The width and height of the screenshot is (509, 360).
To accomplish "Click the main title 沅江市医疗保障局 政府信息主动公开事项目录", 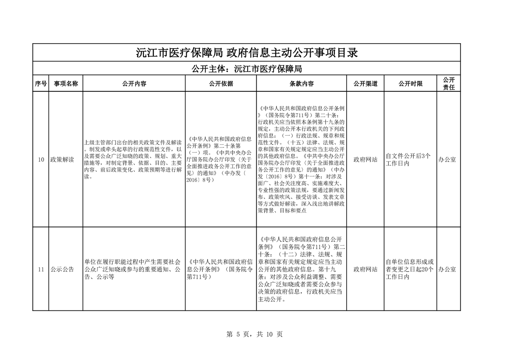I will (x=247, y=53).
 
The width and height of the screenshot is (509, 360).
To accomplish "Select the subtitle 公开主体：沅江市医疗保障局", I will (x=247, y=69).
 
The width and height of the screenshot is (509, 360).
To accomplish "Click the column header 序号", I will (x=40, y=84).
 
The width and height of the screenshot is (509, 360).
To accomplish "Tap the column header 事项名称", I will (x=66, y=84).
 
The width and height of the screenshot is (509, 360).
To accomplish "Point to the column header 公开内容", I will (x=134, y=84).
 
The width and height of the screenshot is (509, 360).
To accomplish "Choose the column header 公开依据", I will (x=221, y=84).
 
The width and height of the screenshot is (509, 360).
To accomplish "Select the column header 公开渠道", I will (x=365, y=84).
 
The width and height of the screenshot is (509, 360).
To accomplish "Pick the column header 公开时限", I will (x=410, y=84).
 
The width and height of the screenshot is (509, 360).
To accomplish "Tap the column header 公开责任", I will (x=449, y=84).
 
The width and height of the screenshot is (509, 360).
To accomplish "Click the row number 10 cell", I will (x=41, y=159).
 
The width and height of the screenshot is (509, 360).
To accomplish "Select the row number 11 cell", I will (x=41, y=269).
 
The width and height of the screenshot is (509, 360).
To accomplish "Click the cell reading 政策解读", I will (x=62, y=159).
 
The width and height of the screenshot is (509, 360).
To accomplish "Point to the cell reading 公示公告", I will (x=62, y=269).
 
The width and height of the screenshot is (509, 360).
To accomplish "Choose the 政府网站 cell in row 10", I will (x=365, y=159).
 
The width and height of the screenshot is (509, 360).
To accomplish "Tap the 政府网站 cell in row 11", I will (x=365, y=269).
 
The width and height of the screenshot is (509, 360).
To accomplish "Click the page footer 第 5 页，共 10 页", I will (x=254, y=335).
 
